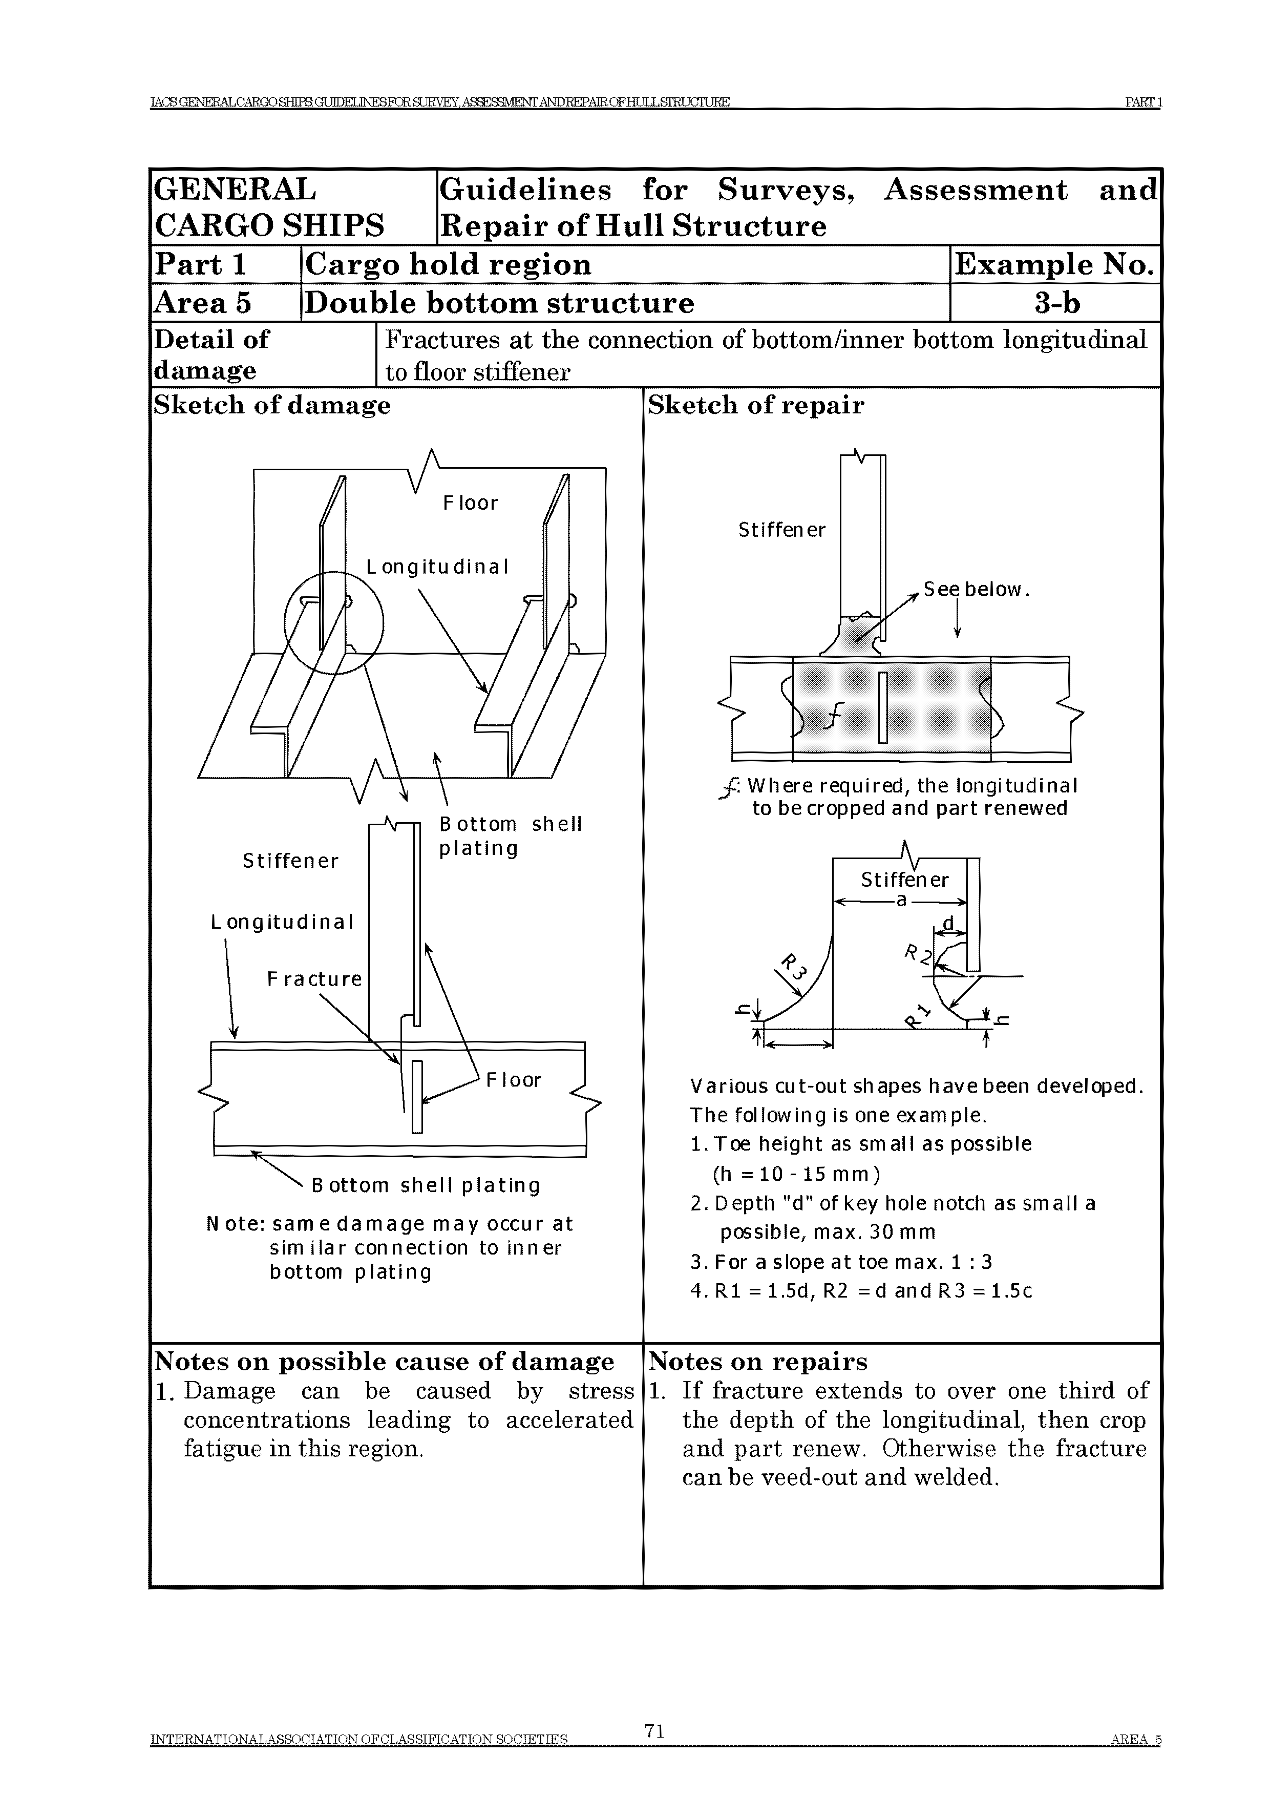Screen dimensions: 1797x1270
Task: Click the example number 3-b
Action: coord(1056,303)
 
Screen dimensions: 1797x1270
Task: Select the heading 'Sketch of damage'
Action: coord(271,405)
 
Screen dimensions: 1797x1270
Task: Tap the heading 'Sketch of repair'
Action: coord(755,405)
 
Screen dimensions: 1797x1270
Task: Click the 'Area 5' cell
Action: coord(203,303)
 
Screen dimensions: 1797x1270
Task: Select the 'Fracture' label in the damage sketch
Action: coord(314,979)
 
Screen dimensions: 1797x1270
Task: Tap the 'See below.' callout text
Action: coord(976,589)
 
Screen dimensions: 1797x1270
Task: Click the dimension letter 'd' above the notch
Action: coord(948,924)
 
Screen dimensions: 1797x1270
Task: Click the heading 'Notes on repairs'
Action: coord(757,1362)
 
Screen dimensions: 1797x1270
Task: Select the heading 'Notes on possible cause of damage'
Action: coord(384,1362)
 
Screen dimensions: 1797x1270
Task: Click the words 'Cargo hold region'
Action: coord(449,264)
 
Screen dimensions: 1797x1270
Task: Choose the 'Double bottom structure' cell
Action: coord(499,303)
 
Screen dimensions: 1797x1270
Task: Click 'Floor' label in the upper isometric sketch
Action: coord(470,503)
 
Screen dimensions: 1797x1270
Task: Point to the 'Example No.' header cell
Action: coord(1054,264)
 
